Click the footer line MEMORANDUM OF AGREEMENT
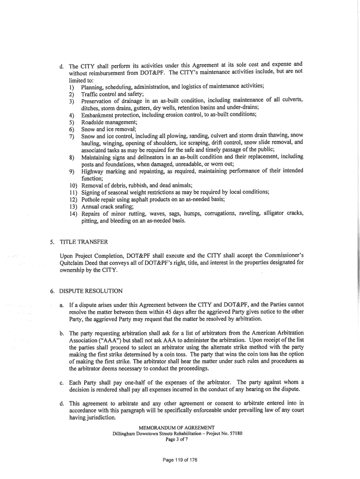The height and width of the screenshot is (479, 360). click(177, 428)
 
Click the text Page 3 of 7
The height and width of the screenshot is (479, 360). click(177, 439)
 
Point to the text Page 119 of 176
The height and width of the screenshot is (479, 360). click(180, 460)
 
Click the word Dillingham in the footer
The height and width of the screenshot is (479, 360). click(123, 433)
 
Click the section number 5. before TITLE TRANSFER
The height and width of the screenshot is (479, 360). click(52, 242)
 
